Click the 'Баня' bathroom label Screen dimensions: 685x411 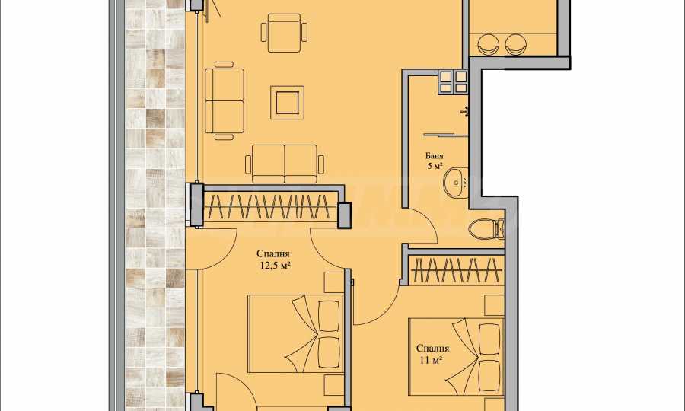[434, 156]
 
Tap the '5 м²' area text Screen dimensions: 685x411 [435, 165]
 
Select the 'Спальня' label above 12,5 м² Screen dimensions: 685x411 [273, 253]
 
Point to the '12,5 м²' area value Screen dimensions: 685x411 [276, 265]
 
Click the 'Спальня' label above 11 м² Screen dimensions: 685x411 [432, 349]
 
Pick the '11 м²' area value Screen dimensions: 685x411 [432, 360]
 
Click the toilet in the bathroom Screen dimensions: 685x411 [486, 228]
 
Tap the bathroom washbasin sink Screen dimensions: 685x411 [456, 182]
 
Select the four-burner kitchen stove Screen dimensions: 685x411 [453, 82]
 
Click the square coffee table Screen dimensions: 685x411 [287, 102]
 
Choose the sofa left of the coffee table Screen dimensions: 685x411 [224, 101]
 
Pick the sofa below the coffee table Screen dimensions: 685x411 [285, 164]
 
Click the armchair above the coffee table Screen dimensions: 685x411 [284, 33]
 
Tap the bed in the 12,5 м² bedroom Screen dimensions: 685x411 [296, 333]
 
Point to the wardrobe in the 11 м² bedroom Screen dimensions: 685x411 [457, 270]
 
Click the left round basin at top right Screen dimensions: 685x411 [489, 44]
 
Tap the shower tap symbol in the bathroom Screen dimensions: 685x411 [465, 112]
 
